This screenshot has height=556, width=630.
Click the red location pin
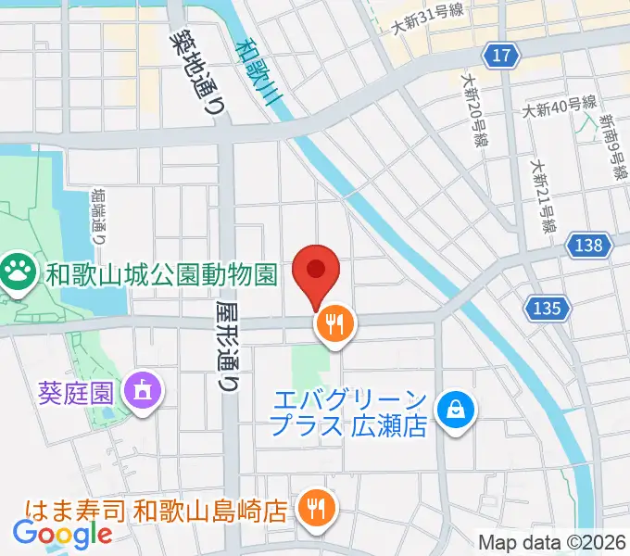[x=316, y=272]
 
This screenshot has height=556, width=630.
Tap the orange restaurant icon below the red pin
[x=334, y=323]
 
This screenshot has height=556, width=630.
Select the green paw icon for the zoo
[x=16, y=274]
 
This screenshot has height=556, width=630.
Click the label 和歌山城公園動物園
[x=162, y=275]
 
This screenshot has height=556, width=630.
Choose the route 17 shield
[x=501, y=57]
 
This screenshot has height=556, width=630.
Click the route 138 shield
[x=592, y=246]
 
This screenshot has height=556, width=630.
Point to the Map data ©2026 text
[x=551, y=542]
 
